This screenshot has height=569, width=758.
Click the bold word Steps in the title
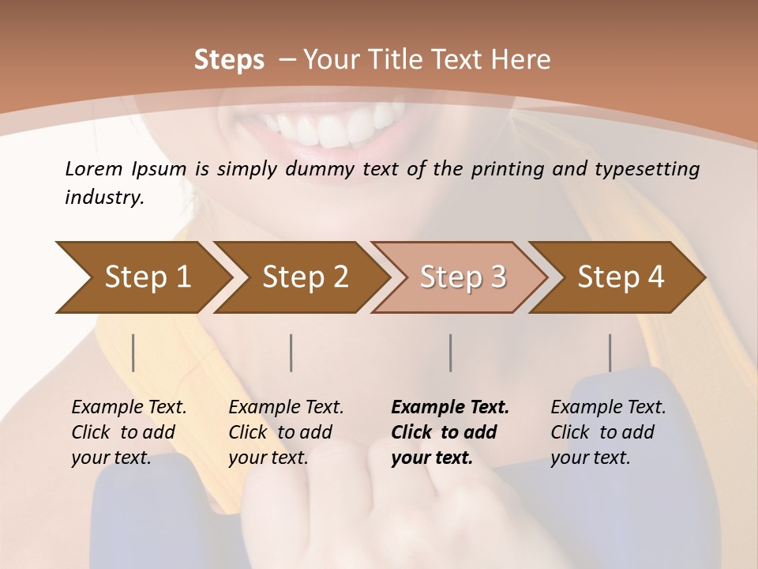(229, 60)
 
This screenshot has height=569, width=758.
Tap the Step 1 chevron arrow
(142, 277)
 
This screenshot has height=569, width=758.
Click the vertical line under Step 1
(133, 352)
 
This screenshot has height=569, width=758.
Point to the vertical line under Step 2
(291, 352)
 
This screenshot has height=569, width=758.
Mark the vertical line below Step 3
(450, 352)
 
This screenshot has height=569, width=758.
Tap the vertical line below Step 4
(610, 352)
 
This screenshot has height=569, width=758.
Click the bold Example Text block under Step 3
(450, 432)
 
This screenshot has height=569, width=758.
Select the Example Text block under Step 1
(129, 432)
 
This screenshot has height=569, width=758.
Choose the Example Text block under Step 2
(286, 432)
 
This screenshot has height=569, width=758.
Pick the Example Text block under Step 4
(608, 432)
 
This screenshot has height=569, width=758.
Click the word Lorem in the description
(94, 168)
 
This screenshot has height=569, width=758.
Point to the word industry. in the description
(104, 198)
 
